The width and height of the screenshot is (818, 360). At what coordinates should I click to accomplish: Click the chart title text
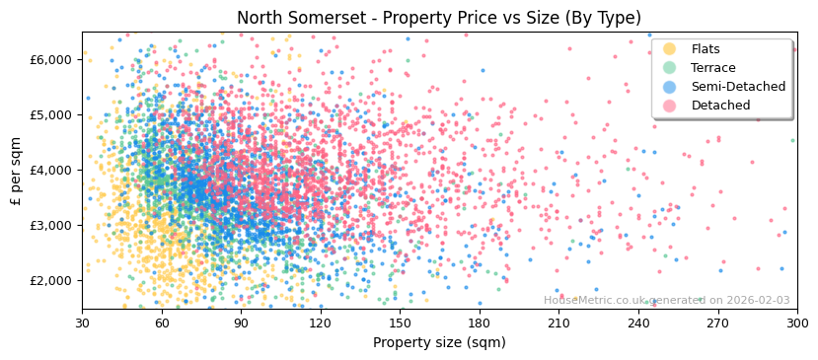point(439,18)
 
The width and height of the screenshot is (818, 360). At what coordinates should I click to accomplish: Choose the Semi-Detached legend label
point(738,87)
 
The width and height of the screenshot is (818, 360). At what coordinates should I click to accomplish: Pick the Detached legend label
point(720,106)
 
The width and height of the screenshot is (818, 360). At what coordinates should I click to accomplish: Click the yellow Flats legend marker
point(670,49)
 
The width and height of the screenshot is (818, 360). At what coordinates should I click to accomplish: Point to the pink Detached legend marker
point(670,106)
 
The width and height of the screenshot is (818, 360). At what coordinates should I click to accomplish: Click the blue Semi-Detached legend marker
point(670,87)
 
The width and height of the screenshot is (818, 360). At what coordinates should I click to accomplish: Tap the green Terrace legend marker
point(670,68)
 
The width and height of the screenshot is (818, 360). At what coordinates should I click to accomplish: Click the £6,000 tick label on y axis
point(51,59)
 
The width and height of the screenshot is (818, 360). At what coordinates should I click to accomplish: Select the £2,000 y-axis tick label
point(51,280)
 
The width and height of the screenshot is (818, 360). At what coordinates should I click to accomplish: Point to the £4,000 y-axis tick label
point(51,170)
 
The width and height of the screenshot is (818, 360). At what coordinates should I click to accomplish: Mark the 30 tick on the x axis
point(82,323)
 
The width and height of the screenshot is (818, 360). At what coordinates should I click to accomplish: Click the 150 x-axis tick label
point(400,323)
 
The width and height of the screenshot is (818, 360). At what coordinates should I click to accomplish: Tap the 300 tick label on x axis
point(796,323)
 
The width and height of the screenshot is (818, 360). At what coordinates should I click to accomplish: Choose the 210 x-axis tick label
point(558,323)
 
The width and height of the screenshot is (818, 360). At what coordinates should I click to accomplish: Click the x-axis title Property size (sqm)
point(439,342)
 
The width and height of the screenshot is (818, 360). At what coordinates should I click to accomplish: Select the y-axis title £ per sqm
point(17,170)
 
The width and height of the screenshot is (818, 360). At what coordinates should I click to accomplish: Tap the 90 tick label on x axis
point(241,323)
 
